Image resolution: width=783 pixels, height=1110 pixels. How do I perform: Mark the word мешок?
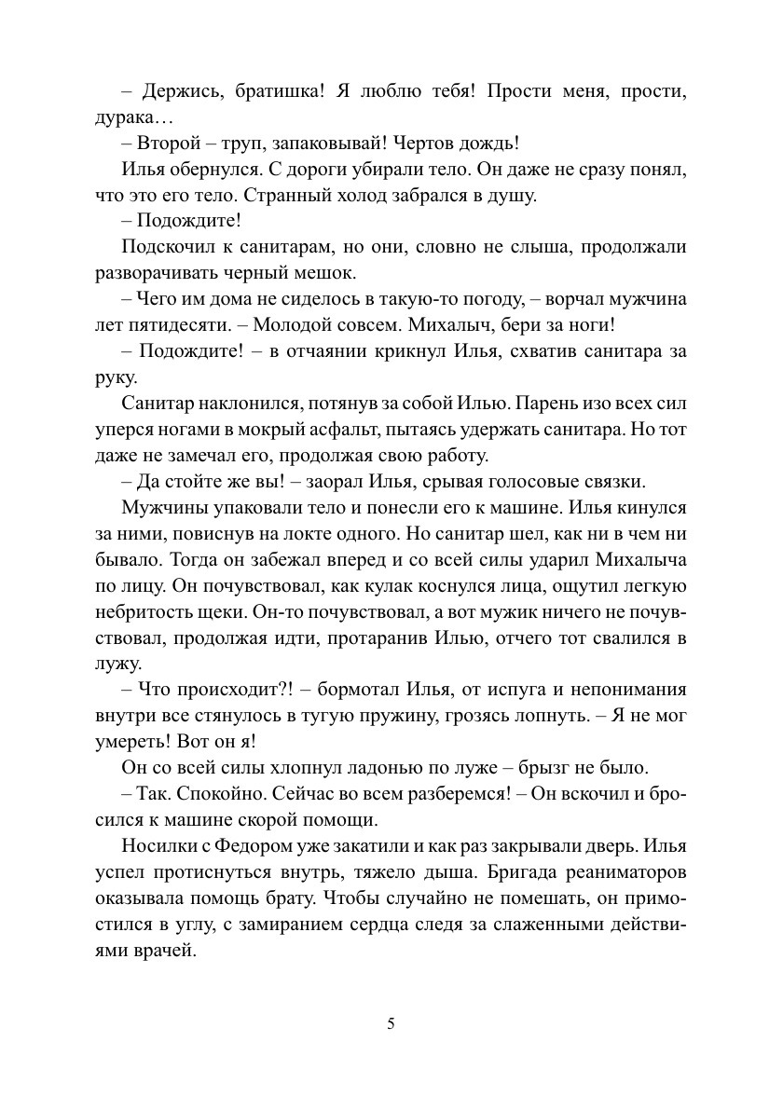[x=325, y=273]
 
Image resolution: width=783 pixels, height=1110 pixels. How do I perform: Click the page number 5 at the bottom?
[x=391, y=1022]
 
